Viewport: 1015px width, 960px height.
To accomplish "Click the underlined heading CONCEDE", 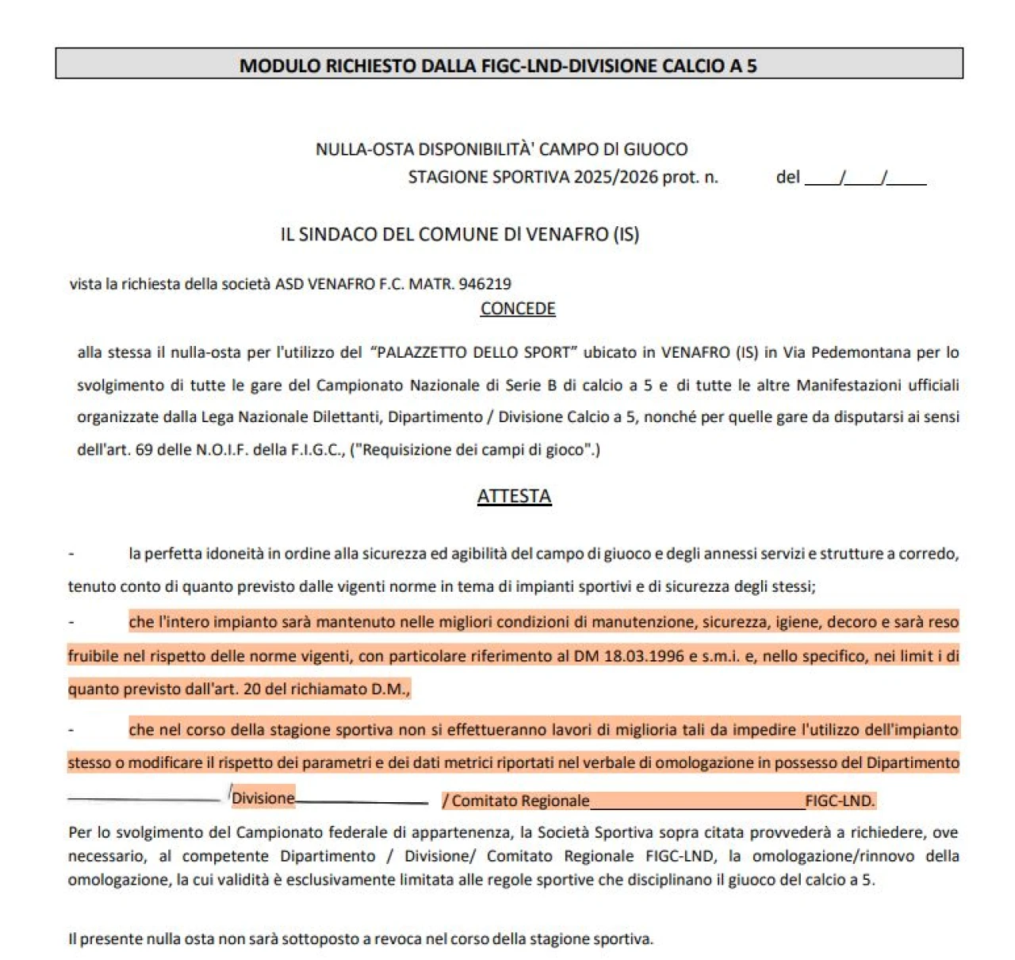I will point(518,309).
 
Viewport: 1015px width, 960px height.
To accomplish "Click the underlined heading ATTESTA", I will point(514,496).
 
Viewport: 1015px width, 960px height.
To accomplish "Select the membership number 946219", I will point(485,284).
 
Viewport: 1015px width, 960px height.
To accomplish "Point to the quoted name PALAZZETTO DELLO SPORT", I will point(473,352).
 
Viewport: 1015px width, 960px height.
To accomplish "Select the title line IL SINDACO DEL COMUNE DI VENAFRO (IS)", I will point(459,235).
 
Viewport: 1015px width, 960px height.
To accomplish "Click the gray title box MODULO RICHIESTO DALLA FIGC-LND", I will point(508,64).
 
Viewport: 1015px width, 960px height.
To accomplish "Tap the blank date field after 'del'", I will point(865,179).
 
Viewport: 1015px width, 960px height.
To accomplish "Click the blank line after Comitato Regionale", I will point(697,801).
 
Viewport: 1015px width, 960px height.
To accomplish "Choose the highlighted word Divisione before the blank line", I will point(262,798).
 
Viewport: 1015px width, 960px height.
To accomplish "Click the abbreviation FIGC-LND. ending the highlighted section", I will point(840,801).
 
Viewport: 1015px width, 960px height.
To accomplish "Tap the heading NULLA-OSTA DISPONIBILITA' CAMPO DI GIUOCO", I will point(501,149).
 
